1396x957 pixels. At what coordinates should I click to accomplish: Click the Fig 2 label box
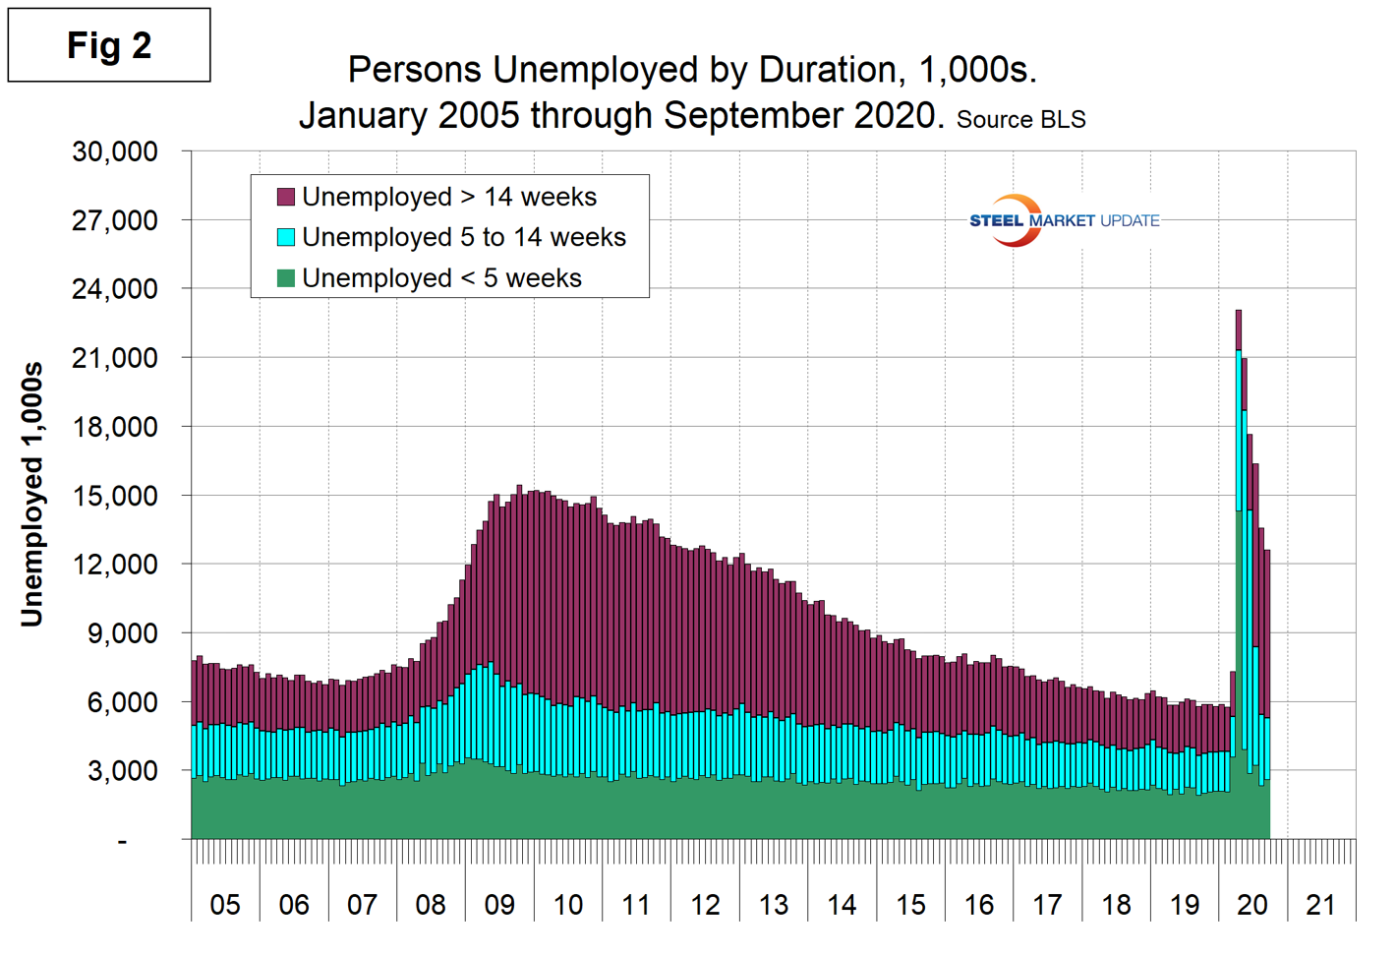coord(109,45)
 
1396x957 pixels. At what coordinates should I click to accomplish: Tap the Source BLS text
coord(1020,120)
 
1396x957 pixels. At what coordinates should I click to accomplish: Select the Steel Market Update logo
coord(1064,220)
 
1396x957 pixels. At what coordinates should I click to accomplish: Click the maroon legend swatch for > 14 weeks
coord(286,197)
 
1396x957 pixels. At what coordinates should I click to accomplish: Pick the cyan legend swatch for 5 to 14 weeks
coord(286,237)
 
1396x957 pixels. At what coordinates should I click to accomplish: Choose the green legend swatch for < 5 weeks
coord(286,278)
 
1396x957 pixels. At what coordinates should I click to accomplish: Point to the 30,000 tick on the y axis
coord(115,151)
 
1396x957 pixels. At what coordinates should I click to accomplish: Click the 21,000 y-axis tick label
coord(115,358)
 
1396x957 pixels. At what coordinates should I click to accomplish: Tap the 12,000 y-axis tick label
coord(115,565)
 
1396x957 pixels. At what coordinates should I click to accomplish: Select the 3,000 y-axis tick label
coord(123,771)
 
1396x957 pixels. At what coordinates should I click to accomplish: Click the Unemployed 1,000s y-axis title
coord(32,494)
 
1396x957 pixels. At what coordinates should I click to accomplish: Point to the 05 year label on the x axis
coord(225,905)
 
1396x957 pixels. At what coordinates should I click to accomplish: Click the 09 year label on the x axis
coord(499,905)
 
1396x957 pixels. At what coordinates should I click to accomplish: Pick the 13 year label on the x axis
coord(774,905)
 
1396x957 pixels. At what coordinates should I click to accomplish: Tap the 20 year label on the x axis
coord(1252,905)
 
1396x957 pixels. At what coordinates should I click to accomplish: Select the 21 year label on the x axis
coord(1320,905)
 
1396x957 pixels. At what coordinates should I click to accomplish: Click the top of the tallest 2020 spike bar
coord(1239,312)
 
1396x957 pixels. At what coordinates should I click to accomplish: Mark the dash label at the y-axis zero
coord(123,840)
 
